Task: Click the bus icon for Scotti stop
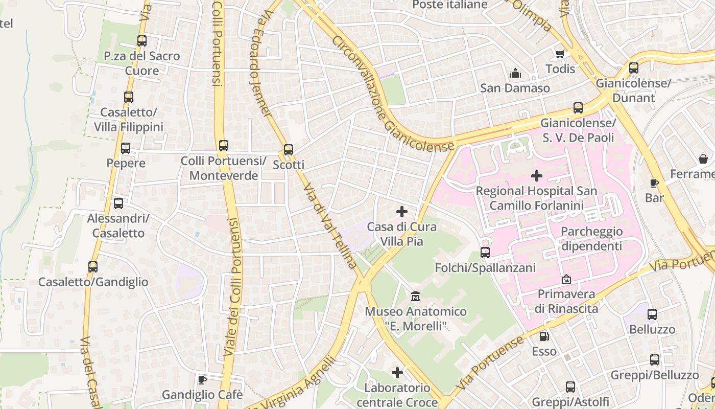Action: click(x=289, y=150)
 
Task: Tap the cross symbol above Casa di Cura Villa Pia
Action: click(x=402, y=211)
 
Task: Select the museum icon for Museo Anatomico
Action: click(x=416, y=296)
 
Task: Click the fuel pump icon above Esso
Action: click(x=544, y=336)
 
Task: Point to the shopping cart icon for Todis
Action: click(x=560, y=54)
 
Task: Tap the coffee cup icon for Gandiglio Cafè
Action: click(x=202, y=379)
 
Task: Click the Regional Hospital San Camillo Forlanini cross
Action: click(x=536, y=176)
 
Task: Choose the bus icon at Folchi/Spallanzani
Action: click(x=485, y=252)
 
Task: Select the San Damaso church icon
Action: click(x=515, y=73)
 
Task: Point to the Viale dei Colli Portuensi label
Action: click(x=233, y=286)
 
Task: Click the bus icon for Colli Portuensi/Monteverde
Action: click(x=223, y=145)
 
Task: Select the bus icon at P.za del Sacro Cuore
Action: click(x=142, y=41)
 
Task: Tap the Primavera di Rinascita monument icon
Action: click(x=566, y=279)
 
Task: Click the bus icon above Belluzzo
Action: click(x=652, y=314)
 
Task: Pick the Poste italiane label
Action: click(x=449, y=5)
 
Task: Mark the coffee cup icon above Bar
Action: click(x=654, y=183)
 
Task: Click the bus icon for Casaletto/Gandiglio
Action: click(x=93, y=266)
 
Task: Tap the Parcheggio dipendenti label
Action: click(x=591, y=239)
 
